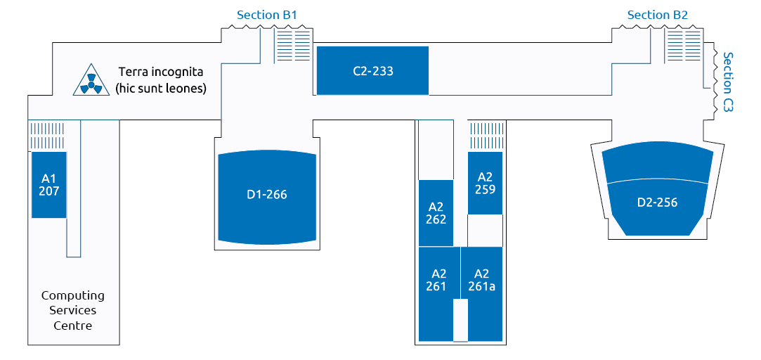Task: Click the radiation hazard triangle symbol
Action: (x=91, y=81)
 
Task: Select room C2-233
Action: (x=372, y=70)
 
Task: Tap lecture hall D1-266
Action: (x=267, y=198)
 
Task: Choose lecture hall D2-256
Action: (x=657, y=193)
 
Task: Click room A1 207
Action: (x=48, y=185)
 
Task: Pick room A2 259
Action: (x=485, y=183)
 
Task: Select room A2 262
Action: (x=436, y=213)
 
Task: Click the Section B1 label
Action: (x=266, y=15)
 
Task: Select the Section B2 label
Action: (x=657, y=15)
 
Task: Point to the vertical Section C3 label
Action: (x=728, y=82)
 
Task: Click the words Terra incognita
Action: (x=161, y=72)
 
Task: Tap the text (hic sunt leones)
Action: (x=161, y=89)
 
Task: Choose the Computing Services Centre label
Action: (x=73, y=311)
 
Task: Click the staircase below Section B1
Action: (x=293, y=45)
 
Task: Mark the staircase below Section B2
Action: (x=683, y=45)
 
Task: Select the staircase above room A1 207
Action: (x=48, y=136)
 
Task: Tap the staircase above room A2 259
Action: (x=487, y=136)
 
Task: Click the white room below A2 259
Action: (x=485, y=231)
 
